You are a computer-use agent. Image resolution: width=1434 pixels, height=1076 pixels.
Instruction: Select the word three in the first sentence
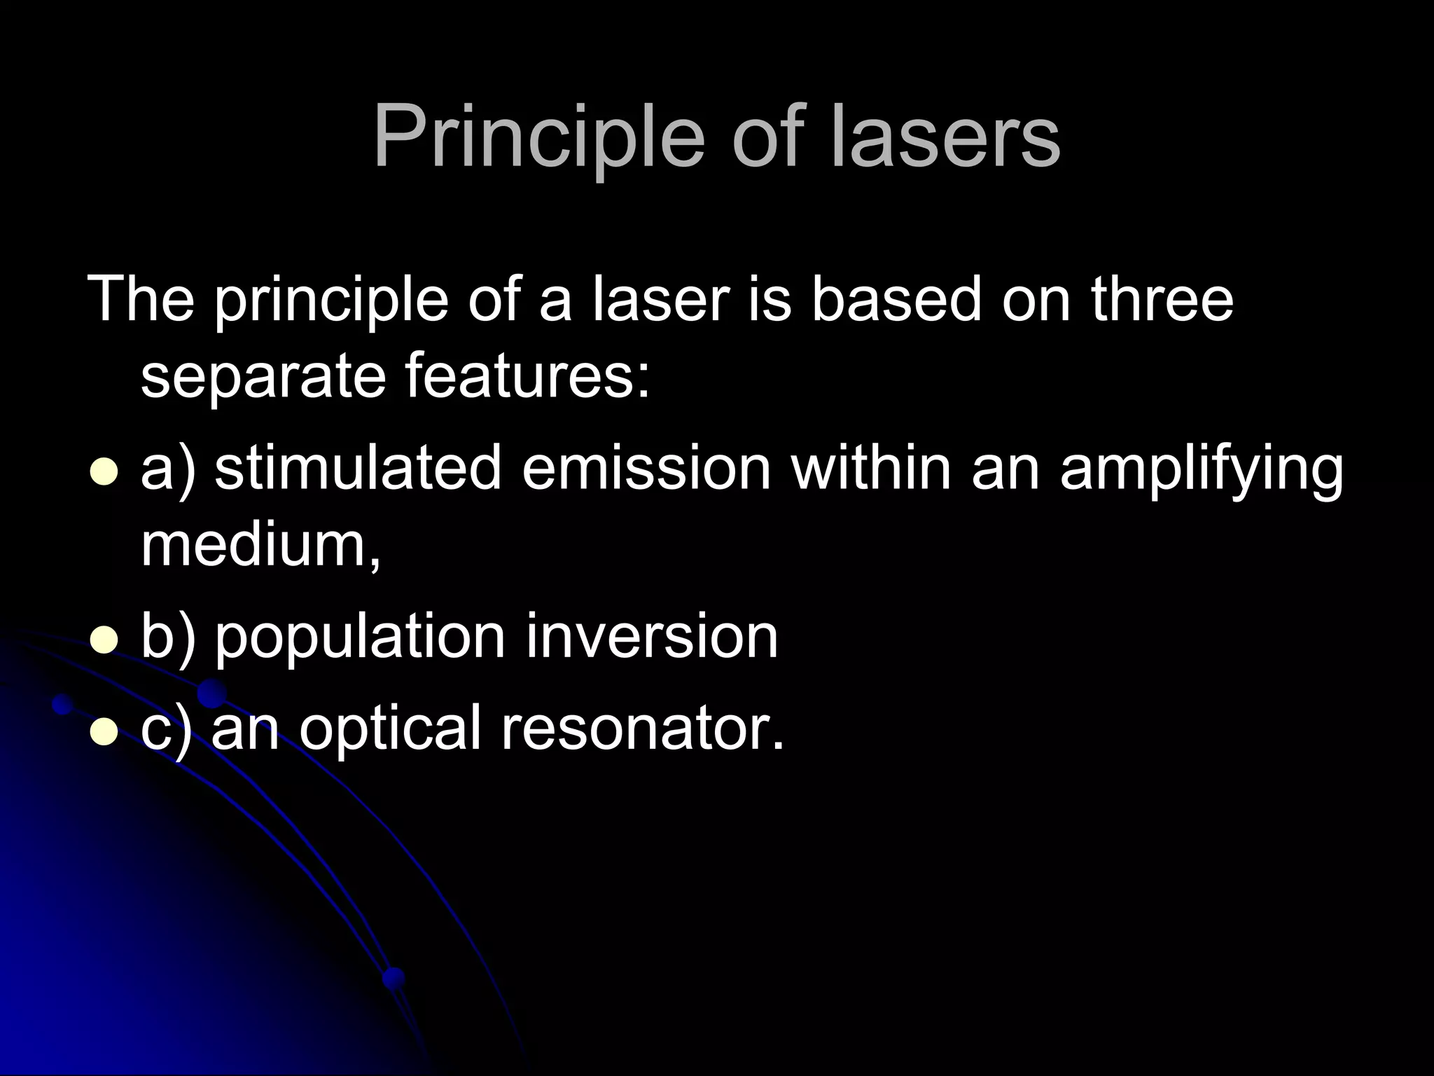click(1162, 299)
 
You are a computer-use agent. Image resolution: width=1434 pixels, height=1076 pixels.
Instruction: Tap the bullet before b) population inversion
click(104, 640)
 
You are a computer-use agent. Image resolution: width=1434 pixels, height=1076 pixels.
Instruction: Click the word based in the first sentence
click(896, 299)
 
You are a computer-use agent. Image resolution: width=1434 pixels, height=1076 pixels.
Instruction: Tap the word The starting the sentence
click(140, 299)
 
